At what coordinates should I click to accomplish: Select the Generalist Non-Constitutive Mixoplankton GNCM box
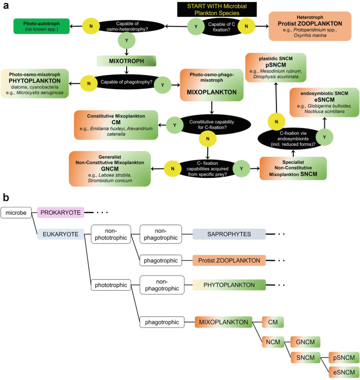[110, 168]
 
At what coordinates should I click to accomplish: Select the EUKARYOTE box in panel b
[60, 235]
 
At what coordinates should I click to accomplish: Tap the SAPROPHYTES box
[229, 235]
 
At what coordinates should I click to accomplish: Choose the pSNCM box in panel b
[344, 357]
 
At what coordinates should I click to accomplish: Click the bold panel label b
[5, 198]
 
